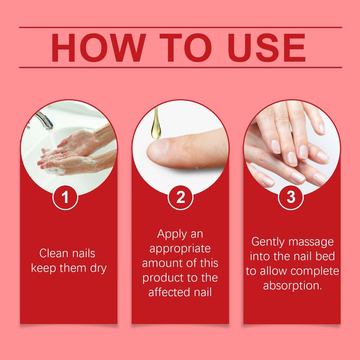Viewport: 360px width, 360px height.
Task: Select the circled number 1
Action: click(x=65, y=198)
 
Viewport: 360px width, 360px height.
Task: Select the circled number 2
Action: click(x=180, y=198)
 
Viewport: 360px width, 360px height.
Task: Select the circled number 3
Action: click(x=291, y=198)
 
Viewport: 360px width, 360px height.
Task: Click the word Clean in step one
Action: click(x=53, y=253)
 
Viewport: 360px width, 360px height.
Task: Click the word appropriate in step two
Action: click(x=180, y=249)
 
